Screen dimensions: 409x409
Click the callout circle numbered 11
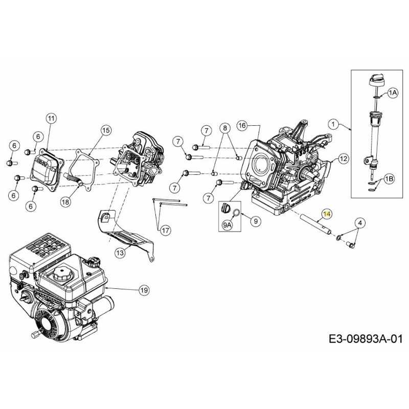(x=50, y=119)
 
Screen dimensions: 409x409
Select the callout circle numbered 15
(x=105, y=130)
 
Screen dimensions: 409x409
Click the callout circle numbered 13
(x=119, y=252)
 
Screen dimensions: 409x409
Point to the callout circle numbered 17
(x=164, y=230)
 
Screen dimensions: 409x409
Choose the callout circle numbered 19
(x=144, y=290)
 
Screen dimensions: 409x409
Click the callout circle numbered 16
(x=242, y=125)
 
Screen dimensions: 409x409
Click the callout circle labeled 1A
(x=392, y=93)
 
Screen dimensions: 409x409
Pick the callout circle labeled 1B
(x=389, y=178)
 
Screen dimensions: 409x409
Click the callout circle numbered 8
(x=224, y=127)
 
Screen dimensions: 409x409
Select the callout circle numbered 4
(x=360, y=222)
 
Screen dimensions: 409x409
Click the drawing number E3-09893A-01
(x=366, y=338)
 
